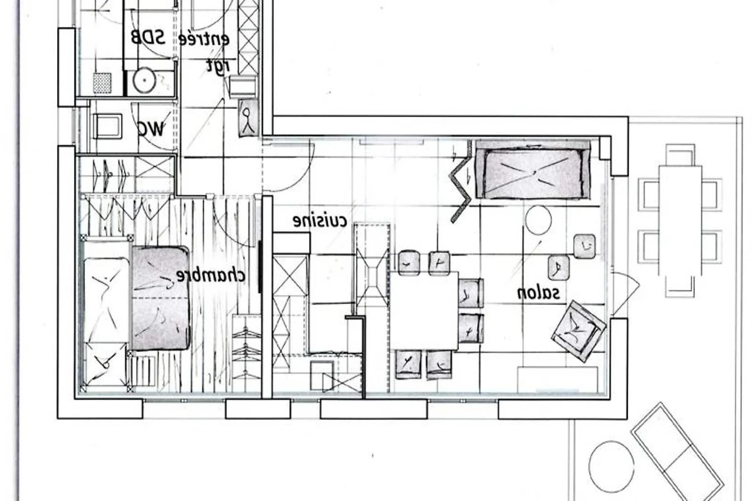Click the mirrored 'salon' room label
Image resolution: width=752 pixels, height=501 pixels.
(538, 293)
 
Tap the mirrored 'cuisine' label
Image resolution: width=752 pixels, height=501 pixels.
(320, 221)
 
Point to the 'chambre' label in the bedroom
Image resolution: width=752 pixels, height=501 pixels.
(211, 276)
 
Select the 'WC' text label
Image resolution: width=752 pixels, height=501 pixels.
(152, 128)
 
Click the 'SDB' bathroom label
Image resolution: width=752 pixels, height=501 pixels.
(148, 38)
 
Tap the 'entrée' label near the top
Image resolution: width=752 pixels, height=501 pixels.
(204, 39)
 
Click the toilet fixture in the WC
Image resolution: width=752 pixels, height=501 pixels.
(107, 126)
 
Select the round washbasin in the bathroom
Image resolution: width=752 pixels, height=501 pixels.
(144, 81)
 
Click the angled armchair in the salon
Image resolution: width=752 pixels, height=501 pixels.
(579, 331)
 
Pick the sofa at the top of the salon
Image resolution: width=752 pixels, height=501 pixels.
(533, 170)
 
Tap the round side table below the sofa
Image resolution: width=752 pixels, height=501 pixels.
(538, 220)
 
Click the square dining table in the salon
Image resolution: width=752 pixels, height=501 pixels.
(424, 311)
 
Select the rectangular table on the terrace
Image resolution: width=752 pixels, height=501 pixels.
(680, 220)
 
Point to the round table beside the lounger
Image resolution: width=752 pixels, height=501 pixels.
(612, 467)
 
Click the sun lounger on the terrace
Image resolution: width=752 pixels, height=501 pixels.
(678, 453)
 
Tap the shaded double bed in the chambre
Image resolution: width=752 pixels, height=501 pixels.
(160, 298)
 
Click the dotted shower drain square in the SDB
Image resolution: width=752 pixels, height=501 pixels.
(102, 83)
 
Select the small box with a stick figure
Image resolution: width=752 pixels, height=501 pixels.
(248, 118)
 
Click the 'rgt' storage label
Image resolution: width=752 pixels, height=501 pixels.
(218, 66)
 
